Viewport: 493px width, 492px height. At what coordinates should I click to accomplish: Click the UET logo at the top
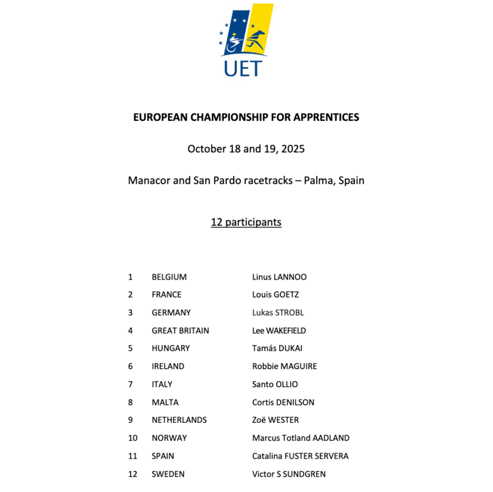pos(246,41)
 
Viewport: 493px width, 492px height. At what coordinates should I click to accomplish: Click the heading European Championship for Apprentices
pos(246,117)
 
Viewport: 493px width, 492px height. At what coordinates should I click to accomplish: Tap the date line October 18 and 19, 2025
pos(246,149)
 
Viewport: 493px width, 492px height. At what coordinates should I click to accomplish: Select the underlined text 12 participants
pos(246,222)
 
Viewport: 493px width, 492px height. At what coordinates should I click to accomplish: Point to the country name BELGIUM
pos(169,277)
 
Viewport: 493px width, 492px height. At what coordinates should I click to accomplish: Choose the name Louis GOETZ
pos(275,294)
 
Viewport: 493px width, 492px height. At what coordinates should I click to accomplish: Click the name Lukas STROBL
pos(278,312)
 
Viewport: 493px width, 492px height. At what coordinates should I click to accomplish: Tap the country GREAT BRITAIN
pos(180,330)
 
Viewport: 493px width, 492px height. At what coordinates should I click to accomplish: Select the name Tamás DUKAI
pos(277,348)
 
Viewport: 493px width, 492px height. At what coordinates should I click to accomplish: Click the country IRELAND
pos(168,366)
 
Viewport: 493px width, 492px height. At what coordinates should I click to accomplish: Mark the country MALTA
pos(165,402)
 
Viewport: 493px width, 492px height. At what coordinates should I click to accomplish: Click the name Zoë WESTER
pos(275,420)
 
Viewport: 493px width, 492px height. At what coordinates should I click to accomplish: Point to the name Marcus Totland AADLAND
pos(301,438)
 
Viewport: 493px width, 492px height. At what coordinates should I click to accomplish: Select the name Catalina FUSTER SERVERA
pos(300,456)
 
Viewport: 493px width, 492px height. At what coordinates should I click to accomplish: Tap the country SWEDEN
pos(168,474)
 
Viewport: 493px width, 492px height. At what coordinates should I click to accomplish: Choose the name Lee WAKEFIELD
pos(279,330)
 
